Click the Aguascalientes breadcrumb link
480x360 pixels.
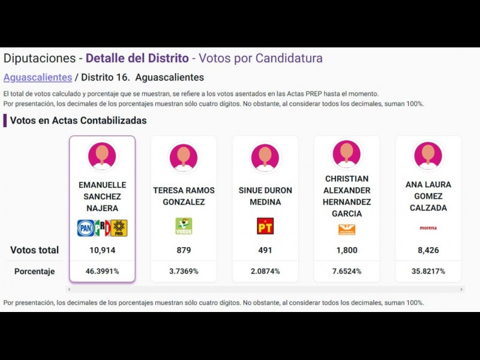(38, 77)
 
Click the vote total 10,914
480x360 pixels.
(102, 250)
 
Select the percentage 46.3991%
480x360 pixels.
(102, 271)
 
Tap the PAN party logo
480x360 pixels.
(86, 228)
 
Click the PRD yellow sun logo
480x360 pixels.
(119, 228)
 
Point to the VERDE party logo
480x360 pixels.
(184, 226)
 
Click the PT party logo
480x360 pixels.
(265, 226)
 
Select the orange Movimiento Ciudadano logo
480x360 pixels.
(347, 229)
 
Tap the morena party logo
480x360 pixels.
(428, 228)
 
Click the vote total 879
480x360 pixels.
(184, 250)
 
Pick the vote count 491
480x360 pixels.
(265, 250)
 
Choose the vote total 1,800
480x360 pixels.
(347, 250)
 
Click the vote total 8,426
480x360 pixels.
(428, 250)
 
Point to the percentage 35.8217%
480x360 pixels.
(428, 271)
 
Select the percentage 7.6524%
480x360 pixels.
(347, 271)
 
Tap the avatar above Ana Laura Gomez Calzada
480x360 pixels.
(428, 155)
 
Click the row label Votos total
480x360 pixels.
(35, 250)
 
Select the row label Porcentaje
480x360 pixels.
(35, 271)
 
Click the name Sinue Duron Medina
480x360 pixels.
(265, 196)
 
